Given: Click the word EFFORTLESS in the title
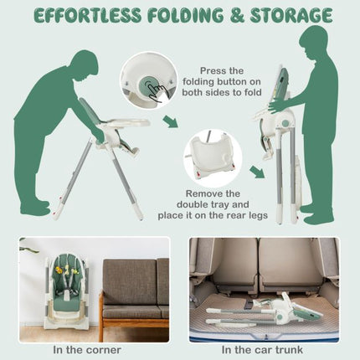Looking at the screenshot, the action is click(87, 15).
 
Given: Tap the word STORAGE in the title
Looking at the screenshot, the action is click(291, 15).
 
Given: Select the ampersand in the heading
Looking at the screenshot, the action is click(237, 15).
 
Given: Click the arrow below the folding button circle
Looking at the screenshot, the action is click(170, 121).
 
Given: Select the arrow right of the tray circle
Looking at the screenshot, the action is click(257, 172).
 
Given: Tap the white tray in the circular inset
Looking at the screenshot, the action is click(212, 157).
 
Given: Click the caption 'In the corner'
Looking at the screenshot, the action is click(87, 350).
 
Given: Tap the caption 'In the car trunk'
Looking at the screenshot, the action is click(262, 350).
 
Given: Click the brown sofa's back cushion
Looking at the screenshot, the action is click(130, 282).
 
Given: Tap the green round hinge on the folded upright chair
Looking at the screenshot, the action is click(285, 123).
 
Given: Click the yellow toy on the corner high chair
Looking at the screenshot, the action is click(59, 270).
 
